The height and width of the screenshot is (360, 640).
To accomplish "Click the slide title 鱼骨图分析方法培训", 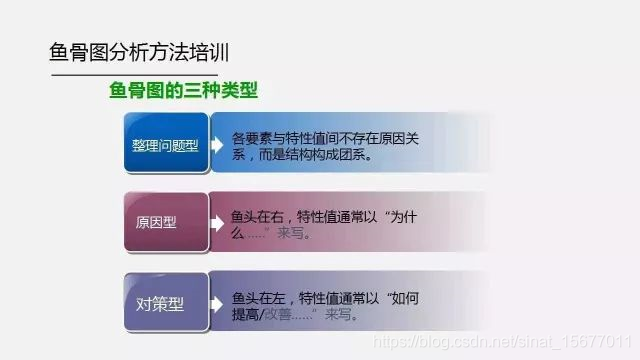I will [144, 51].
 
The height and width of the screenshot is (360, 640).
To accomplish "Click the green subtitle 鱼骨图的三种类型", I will [183, 92].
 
